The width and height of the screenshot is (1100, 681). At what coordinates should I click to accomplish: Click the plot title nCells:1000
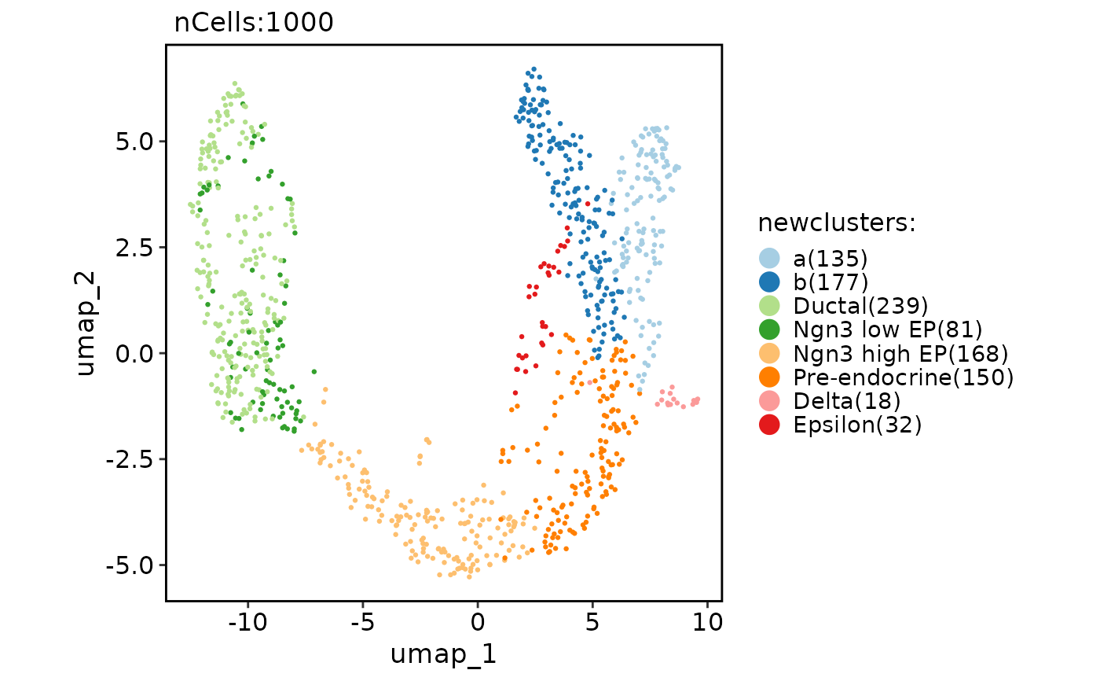(x=254, y=23)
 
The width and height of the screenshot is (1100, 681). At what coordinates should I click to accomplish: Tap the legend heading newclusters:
(x=837, y=223)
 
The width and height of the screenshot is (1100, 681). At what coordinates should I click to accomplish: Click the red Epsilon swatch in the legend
(x=770, y=425)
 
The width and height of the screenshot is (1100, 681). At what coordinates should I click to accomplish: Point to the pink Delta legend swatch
(x=770, y=401)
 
